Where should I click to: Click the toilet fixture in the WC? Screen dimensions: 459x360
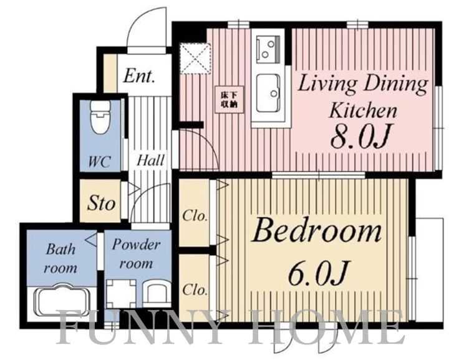coord(100,117)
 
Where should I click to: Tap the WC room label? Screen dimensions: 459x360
coord(100,161)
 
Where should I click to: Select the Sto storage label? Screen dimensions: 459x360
coord(100,203)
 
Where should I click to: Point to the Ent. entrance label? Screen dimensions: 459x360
coord(138,76)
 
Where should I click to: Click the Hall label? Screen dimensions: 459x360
coord(150,160)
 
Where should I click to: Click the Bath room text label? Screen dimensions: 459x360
coord(61,258)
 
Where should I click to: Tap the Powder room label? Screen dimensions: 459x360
coord(136,254)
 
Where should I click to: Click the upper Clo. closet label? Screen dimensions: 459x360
coord(195,216)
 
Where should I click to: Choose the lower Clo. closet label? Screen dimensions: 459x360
coord(195,290)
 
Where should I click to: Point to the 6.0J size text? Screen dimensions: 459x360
coord(319,274)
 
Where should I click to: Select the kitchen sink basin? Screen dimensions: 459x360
coord(268,93)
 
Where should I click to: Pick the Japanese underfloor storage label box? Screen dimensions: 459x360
coord(229,99)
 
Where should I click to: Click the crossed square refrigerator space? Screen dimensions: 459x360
coord(195,58)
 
